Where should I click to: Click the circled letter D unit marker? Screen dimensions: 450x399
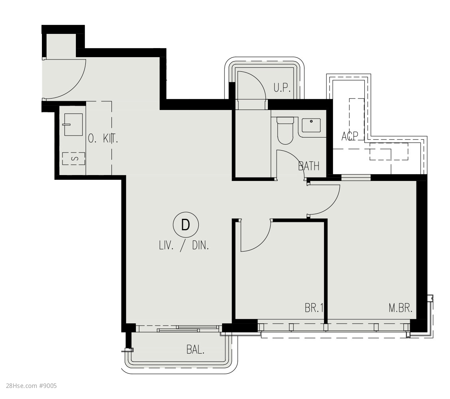186,225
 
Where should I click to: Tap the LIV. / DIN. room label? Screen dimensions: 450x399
184,246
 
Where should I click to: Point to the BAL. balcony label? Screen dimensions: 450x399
195,349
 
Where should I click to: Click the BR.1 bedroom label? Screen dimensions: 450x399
314,308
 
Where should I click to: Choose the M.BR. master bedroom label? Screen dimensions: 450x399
401,308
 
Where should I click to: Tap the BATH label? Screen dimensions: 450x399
309,166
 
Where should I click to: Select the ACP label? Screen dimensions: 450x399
350,136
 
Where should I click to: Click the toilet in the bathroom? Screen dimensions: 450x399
285,131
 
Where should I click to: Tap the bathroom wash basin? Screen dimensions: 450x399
311,125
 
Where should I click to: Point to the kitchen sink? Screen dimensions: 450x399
73,125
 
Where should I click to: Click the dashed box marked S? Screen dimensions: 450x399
74,158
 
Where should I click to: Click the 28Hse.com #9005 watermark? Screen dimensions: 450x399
31,386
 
